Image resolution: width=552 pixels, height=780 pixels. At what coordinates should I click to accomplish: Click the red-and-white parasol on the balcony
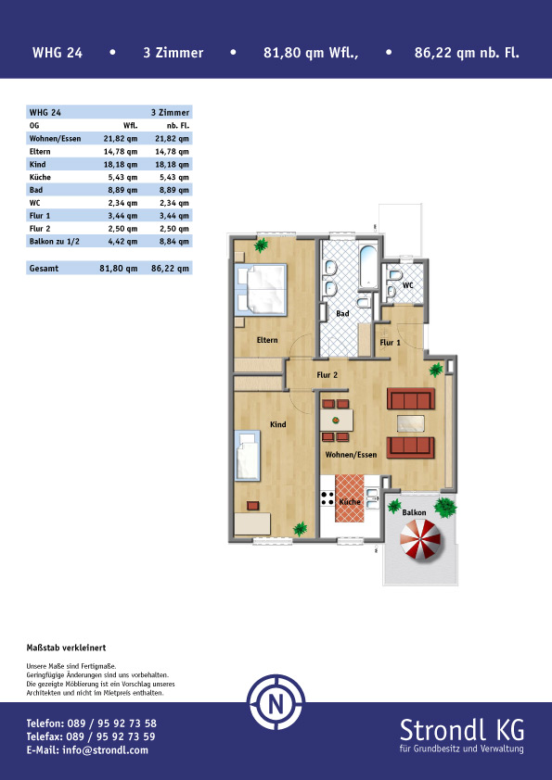click(x=420, y=539)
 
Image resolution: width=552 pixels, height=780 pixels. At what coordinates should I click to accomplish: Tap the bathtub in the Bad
click(x=368, y=266)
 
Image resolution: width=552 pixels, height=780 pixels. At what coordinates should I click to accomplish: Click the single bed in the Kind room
click(x=248, y=456)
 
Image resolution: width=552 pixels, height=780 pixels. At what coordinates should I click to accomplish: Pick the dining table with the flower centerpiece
click(x=336, y=421)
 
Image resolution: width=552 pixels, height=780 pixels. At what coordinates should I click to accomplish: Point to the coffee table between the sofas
click(x=411, y=422)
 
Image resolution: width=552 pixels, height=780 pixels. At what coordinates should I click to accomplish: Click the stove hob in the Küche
click(x=327, y=498)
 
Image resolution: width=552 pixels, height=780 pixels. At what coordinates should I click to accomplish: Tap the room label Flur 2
click(x=327, y=375)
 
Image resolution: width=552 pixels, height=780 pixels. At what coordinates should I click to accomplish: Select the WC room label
click(x=407, y=285)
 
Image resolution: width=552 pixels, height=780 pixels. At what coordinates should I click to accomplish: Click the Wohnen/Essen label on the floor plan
click(x=351, y=455)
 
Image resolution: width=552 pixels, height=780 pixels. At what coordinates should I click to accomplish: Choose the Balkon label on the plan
click(x=414, y=512)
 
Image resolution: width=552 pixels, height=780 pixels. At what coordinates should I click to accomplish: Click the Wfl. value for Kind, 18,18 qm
click(x=120, y=165)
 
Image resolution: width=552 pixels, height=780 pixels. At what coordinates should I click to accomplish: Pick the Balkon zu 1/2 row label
click(x=55, y=242)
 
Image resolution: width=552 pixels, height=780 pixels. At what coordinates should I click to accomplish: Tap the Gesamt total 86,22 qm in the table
click(x=170, y=269)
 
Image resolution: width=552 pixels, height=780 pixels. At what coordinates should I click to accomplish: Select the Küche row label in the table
click(x=40, y=177)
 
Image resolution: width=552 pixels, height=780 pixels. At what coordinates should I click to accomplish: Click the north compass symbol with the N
click(x=276, y=702)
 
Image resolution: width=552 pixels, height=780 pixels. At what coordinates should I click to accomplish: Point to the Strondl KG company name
click(x=461, y=731)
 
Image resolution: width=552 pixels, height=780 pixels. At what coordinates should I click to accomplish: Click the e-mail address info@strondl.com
click(x=105, y=750)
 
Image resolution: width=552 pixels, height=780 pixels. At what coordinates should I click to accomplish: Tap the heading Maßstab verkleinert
click(x=66, y=648)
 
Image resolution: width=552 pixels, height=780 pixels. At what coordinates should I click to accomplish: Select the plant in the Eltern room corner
click(x=261, y=245)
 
